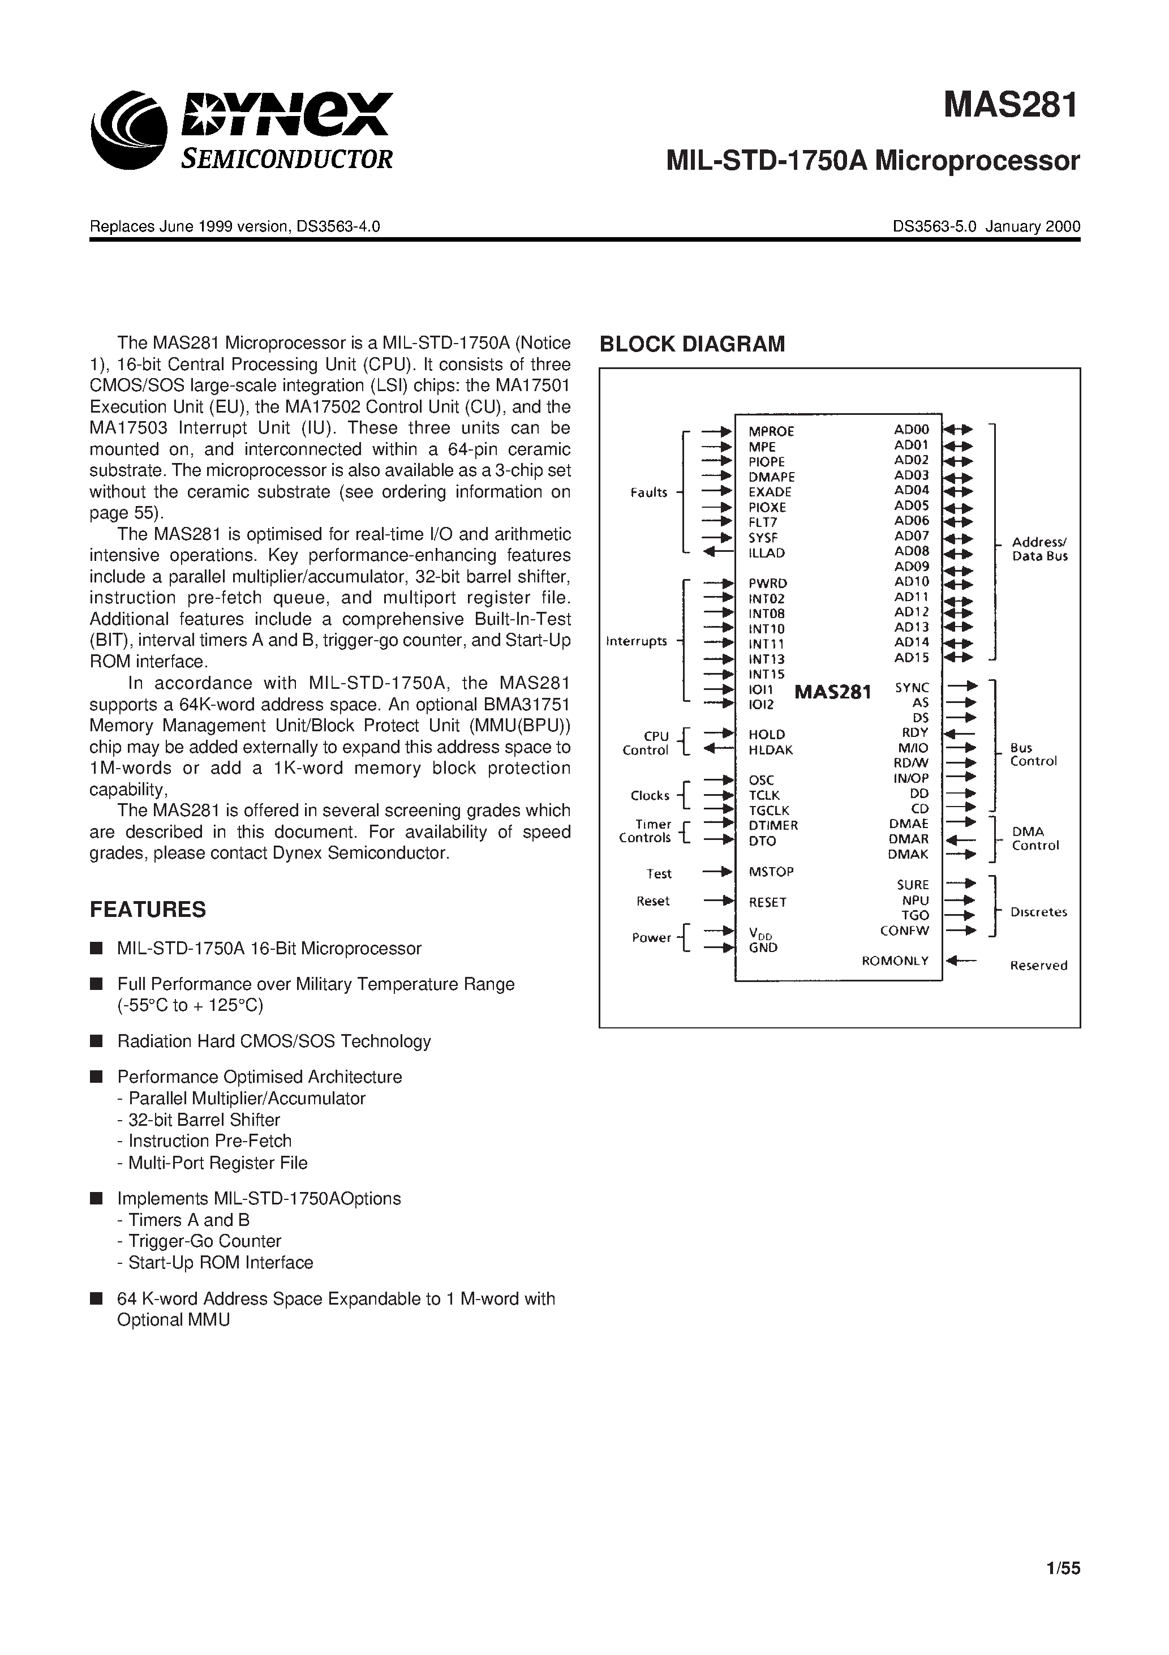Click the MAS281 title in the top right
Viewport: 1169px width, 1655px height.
pyautogui.click(x=1011, y=106)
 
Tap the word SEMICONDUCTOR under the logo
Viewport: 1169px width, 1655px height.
pyautogui.click(x=287, y=158)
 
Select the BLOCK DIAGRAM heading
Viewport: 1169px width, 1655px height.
pyautogui.click(x=692, y=344)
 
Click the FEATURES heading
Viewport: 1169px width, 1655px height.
pyautogui.click(x=148, y=910)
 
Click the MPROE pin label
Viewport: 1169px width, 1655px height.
pyautogui.click(x=771, y=431)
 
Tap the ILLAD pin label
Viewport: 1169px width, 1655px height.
pyautogui.click(x=766, y=553)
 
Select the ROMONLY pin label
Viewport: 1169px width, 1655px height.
pyautogui.click(x=895, y=961)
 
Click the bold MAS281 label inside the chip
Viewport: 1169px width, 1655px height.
pyautogui.click(x=832, y=692)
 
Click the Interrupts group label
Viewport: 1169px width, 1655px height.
pyautogui.click(x=637, y=641)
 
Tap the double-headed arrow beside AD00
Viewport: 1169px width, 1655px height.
pyautogui.click(x=958, y=430)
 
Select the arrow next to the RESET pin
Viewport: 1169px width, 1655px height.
pyautogui.click(x=717, y=901)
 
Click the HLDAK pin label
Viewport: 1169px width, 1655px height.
pyautogui.click(x=770, y=749)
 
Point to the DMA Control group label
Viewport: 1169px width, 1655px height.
pyautogui.click(x=1034, y=838)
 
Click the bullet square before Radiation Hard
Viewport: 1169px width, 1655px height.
pyautogui.click(x=96, y=1041)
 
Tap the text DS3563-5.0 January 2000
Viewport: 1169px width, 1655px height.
pyautogui.click(x=986, y=226)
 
